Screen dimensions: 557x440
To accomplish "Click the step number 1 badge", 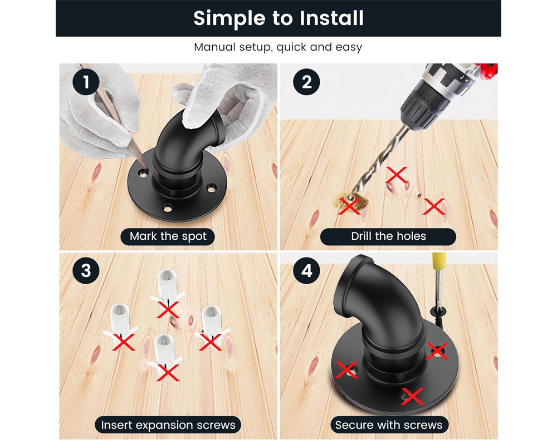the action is tap(86, 82).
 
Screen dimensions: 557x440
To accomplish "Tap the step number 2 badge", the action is tap(306, 82).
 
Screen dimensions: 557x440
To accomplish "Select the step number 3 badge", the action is tap(86, 270).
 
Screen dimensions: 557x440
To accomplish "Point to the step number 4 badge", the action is tap(306, 270).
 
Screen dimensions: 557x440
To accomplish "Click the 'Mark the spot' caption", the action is tap(168, 236).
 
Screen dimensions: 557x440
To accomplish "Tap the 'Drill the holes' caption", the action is tap(388, 236).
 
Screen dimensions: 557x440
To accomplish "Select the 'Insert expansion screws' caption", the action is tap(168, 425).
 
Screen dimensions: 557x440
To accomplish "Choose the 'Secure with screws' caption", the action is tap(389, 425).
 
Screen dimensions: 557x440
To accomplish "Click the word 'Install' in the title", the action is tap(332, 18).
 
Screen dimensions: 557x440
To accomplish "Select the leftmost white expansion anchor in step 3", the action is tap(120, 320).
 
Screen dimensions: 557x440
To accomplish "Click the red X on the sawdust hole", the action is tap(349, 206).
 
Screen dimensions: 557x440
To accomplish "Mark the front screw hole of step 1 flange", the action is tap(167, 208).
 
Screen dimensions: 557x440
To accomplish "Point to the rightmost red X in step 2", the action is tap(433, 206).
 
